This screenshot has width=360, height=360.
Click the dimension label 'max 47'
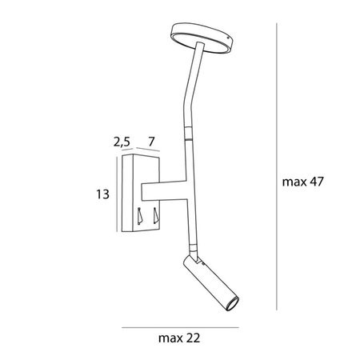point(302,182)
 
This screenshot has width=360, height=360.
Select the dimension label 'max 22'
point(179,338)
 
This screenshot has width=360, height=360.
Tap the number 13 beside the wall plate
point(102,194)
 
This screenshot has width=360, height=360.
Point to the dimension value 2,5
point(122,142)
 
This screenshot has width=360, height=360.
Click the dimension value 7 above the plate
point(151,142)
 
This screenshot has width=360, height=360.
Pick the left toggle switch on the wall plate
point(139,215)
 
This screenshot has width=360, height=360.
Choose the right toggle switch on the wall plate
point(155,215)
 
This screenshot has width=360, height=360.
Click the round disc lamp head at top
point(202,38)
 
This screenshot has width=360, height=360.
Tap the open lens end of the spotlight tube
point(231,303)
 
